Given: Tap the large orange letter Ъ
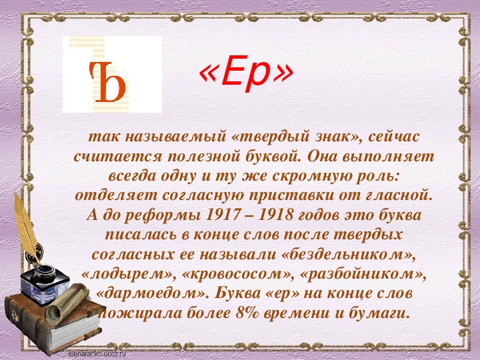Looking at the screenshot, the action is coord(107,82).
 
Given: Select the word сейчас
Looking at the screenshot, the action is coord(393,137).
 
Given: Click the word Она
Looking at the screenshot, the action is coord(321,156).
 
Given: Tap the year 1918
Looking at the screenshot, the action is coord(275,215).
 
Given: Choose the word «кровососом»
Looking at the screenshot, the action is coord(237,275).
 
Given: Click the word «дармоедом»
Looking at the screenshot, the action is coord(152,294).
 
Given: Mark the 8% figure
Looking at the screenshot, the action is coord(247,313).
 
